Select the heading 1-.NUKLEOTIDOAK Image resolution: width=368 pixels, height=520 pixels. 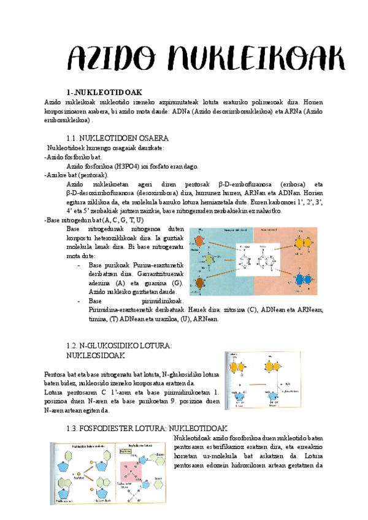[x=99, y=92]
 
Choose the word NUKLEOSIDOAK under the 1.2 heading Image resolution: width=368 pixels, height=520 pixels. [x=95, y=355]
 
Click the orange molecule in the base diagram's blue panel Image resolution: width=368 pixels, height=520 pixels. [x=200, y=242]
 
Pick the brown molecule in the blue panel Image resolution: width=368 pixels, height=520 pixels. [x=200, y=283]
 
